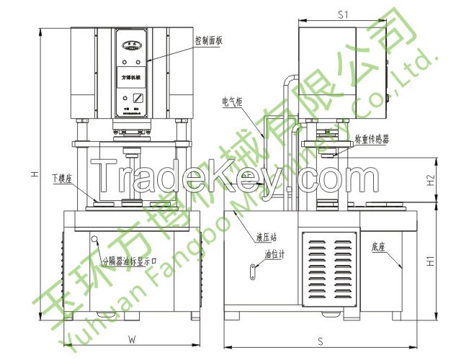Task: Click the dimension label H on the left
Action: (x=35, y=174)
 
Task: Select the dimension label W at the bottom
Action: (x=131, y=338)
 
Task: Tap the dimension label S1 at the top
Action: (x=343, y=14)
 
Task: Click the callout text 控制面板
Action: (x=209, y=40)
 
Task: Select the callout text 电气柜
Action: (x=232, y=103)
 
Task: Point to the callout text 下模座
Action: (x=62, y=177)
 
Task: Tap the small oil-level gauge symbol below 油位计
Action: (x=254, y=270)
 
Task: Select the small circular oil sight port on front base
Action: (x=94, y=238)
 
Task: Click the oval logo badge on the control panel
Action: (x=131, y=44)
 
